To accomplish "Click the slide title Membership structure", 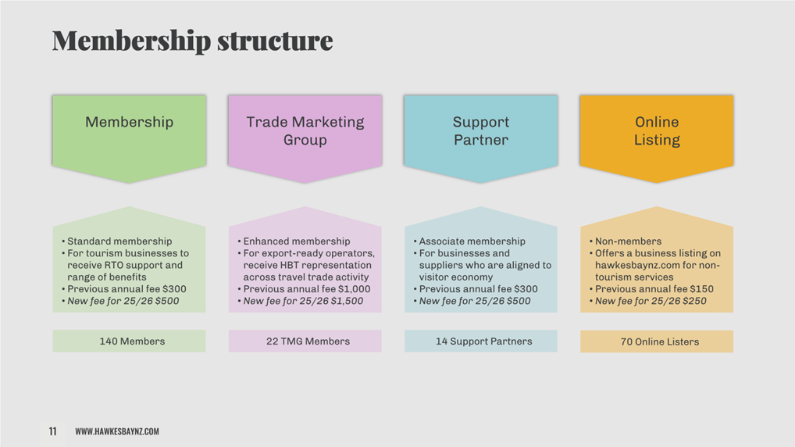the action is [x=193, y=41].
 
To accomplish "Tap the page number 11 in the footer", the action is [x=53, y=431].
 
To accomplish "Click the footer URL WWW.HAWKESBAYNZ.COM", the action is [x=117, y=431].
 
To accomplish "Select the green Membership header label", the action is [x=130, y=122].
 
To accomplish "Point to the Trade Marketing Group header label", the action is [x=305, y=131].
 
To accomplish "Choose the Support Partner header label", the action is [x=480, y=131].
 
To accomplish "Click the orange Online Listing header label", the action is [x=657, y=131].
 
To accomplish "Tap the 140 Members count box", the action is [x=130, y=341].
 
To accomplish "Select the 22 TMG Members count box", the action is [x=305, y=341].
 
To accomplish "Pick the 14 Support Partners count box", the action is [x=480, y=341].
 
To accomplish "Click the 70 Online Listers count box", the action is [x=657, y=342].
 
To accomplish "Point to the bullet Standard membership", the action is [x=119, y=241].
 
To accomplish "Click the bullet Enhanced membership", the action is [x=297, y=241].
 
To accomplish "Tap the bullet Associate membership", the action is [x=472, y=241].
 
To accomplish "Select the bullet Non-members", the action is [x=628, y=241].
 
